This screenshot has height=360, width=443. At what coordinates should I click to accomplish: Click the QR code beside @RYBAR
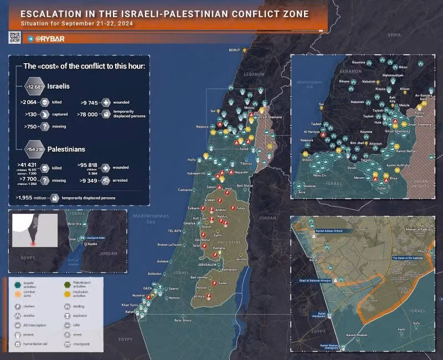14,38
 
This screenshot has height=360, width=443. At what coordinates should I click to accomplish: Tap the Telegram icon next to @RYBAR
30,39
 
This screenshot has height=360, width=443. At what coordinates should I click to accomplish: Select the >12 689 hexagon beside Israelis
34,87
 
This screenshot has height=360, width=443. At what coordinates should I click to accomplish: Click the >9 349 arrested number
89,180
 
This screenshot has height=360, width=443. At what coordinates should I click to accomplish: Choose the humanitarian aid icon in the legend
18,344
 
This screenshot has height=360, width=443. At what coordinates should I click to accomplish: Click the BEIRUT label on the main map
235,49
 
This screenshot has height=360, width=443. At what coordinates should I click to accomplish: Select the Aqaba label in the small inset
91,244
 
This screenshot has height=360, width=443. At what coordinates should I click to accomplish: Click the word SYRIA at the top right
394,35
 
